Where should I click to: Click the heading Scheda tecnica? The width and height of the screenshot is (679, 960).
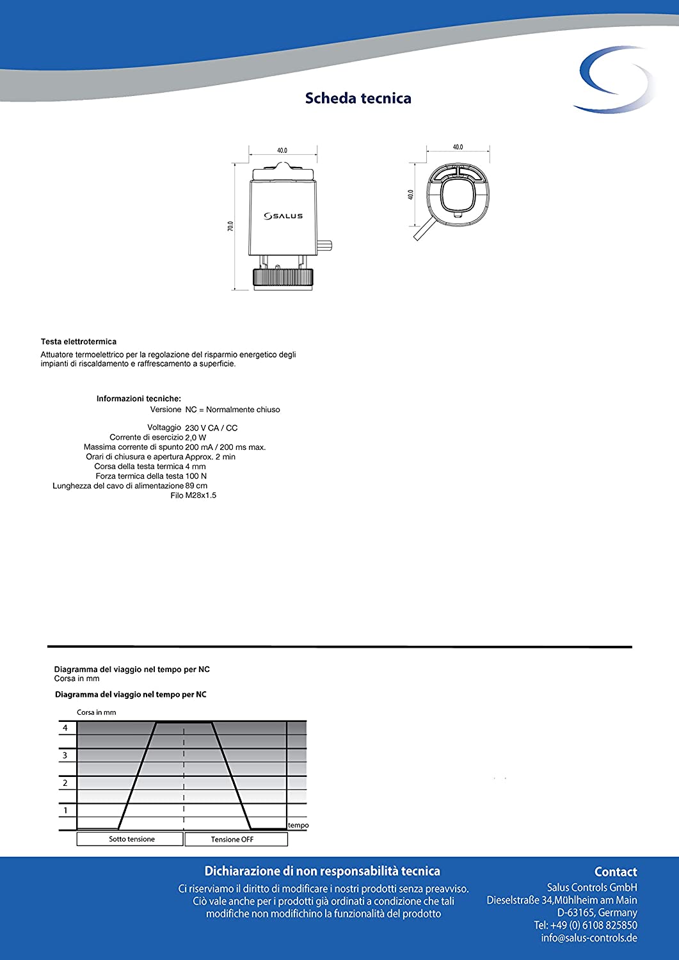point(358,99)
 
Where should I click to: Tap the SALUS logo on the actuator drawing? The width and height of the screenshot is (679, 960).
point(284,216)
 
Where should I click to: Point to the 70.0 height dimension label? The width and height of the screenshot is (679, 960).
point(230,226)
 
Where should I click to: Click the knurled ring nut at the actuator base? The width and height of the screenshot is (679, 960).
point(284,277)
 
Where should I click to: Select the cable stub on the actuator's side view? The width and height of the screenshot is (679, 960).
point(326,245)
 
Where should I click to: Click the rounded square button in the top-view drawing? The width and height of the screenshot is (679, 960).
point(458,193)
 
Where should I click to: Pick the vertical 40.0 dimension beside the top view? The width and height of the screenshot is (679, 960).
point(411,194)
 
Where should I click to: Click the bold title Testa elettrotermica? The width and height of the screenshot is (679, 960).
point(79,342)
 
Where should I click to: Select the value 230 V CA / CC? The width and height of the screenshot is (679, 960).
point(211,428)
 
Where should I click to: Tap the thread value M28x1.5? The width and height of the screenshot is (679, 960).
point(201,495)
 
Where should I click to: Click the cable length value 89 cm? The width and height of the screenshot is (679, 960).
point(196,486)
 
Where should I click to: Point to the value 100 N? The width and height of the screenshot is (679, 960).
point(196,476)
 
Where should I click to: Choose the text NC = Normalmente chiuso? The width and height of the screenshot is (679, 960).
point(233,410)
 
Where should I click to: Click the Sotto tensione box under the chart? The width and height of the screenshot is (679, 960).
point(131,839)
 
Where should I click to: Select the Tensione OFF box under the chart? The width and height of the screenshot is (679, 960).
point(232,840)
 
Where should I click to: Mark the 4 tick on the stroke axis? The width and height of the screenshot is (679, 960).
point(65,728)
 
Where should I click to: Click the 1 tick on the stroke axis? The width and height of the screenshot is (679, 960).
point(65,810)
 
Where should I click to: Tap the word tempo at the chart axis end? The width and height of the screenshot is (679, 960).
point(298,826)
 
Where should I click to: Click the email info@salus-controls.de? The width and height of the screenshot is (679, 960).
point(589,938)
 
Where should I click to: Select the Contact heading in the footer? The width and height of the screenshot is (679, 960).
point(616,872)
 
